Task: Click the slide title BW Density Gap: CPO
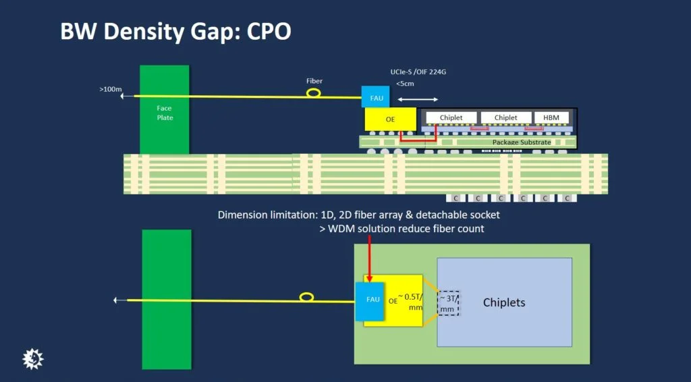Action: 175,32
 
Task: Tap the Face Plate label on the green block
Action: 165,113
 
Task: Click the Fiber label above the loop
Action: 314,81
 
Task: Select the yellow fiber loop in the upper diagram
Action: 314,92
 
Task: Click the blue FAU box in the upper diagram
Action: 377,97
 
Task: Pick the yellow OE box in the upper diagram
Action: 391,120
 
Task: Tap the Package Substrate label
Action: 522,142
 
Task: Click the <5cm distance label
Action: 406,84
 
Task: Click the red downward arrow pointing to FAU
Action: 370,260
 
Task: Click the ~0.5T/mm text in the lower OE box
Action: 409,300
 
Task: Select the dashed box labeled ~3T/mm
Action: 447,303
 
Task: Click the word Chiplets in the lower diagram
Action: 503,302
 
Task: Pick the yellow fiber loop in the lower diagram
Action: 306,297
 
